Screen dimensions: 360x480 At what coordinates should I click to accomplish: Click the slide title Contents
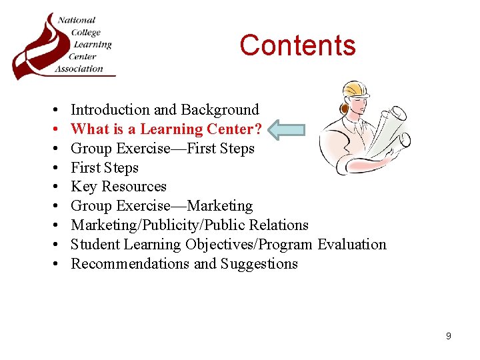point(297,45)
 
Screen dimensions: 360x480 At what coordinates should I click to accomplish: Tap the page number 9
point(448,336)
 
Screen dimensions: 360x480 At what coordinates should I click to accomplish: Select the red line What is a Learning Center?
point(167,129)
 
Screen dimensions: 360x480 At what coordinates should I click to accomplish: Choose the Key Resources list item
point(119,187)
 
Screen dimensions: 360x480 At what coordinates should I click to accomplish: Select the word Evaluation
point(352,245)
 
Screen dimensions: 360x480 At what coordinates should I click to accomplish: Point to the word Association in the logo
point(79,68)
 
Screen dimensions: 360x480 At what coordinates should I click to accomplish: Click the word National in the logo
point(77,20)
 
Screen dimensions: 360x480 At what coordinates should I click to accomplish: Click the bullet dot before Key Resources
point(53,187)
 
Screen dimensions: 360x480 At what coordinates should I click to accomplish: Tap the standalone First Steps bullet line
point(105,168)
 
